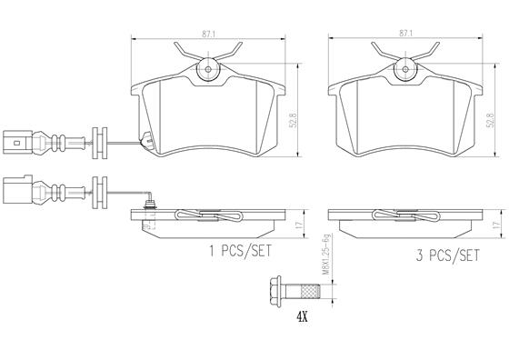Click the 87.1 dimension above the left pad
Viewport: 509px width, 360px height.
point(208,34)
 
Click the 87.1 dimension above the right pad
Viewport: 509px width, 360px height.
point(405,33)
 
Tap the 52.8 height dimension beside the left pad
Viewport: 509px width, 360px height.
point(293,119)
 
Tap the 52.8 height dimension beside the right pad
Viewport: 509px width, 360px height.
point(490,119)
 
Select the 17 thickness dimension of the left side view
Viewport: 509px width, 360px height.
point(299,224)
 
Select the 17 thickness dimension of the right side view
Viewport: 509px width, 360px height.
point(495,224)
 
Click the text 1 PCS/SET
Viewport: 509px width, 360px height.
point(240,251)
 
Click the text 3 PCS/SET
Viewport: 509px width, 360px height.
point(447,255)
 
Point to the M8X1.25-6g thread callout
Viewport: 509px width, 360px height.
point(326,255)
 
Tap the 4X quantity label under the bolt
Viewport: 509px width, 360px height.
point(302,316)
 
